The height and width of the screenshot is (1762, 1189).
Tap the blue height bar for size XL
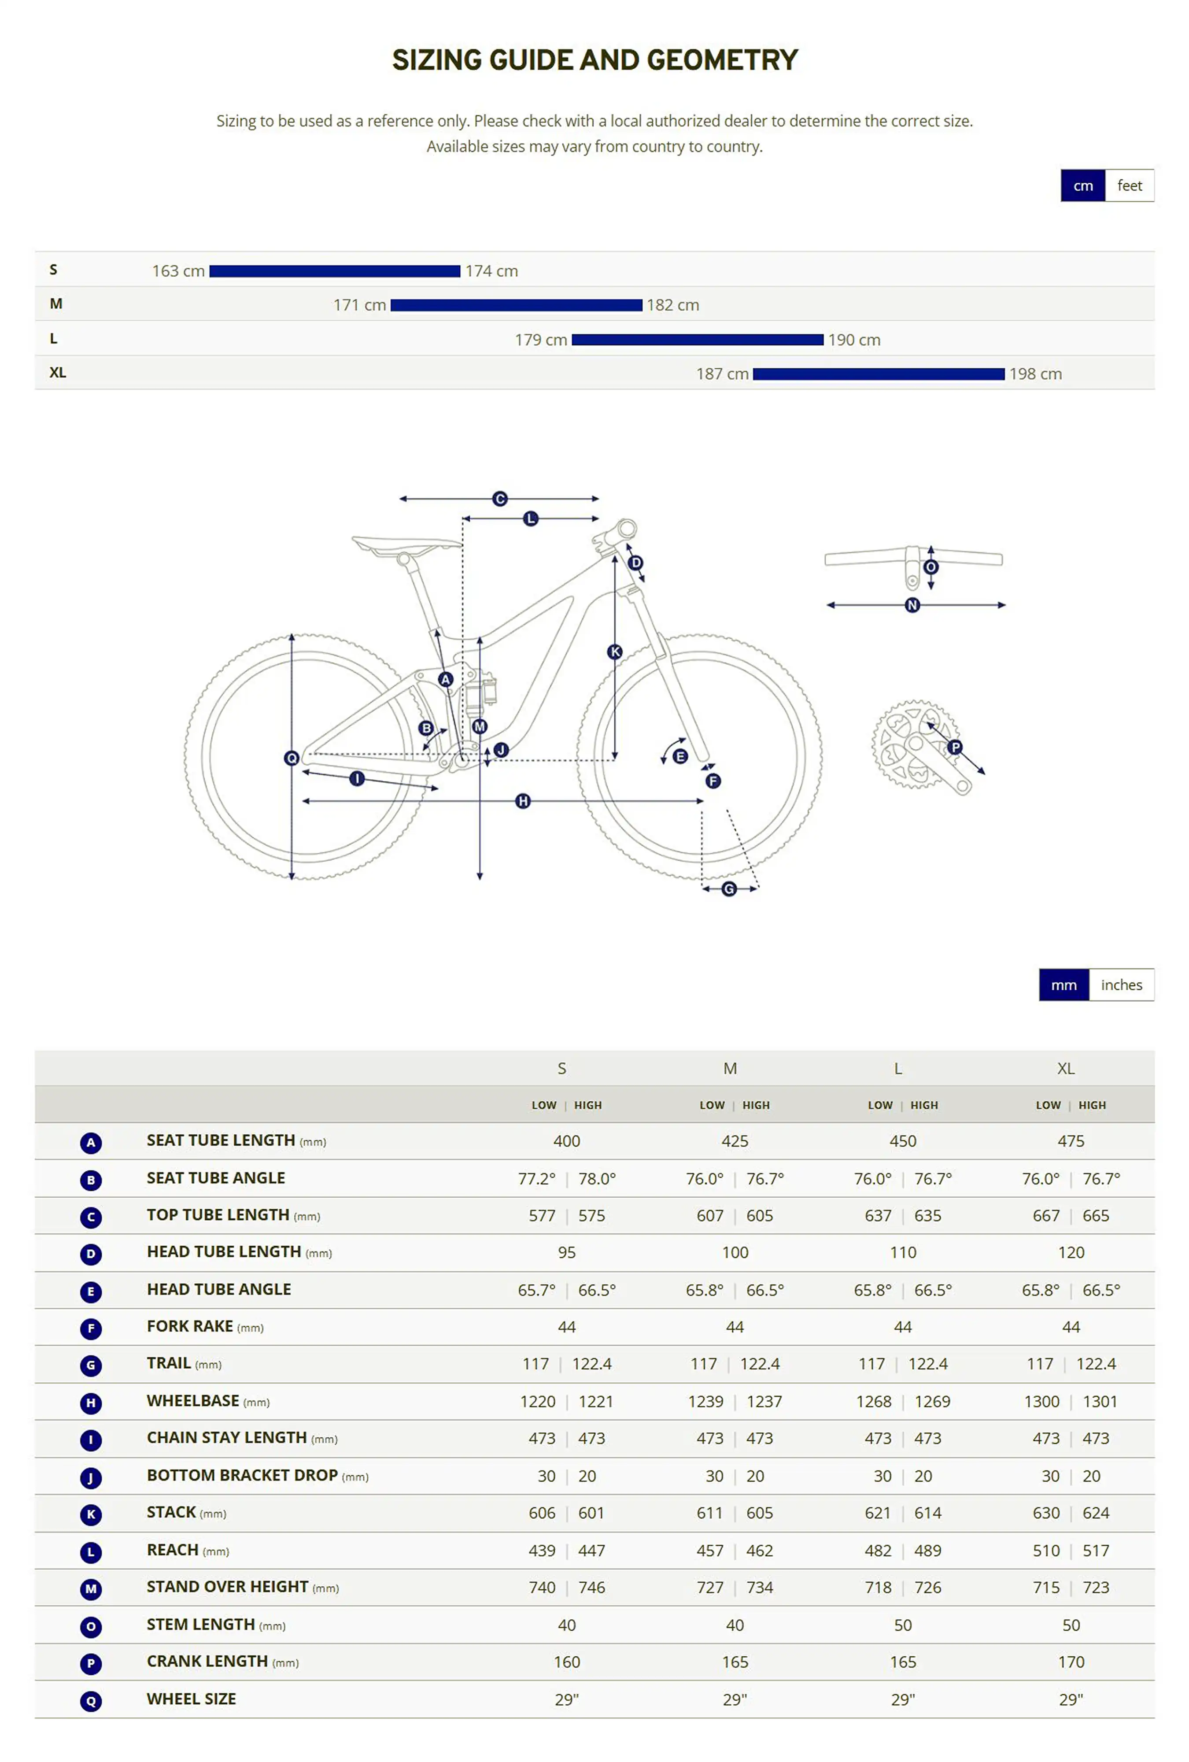[878, 374]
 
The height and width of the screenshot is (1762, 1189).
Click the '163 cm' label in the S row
[178, 270]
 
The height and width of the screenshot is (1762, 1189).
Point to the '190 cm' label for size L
[853, 340]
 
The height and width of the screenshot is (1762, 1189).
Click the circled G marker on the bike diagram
[728, 888]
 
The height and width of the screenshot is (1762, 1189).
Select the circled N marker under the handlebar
[912, 605]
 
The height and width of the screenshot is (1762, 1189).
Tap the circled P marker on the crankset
[954, 747]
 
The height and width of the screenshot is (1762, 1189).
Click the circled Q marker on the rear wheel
[291, 758]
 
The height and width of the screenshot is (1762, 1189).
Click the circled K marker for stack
[615, 651]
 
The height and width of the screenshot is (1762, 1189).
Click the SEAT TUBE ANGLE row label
[216, 1177]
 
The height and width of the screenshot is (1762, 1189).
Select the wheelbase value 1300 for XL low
[1041, 1401]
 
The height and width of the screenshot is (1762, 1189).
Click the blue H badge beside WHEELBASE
[91, 1403]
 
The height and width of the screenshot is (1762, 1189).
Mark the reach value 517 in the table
[1095, 1551]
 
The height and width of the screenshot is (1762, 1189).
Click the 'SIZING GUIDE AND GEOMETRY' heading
[595, 60]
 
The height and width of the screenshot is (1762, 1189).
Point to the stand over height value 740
[542, 1588]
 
